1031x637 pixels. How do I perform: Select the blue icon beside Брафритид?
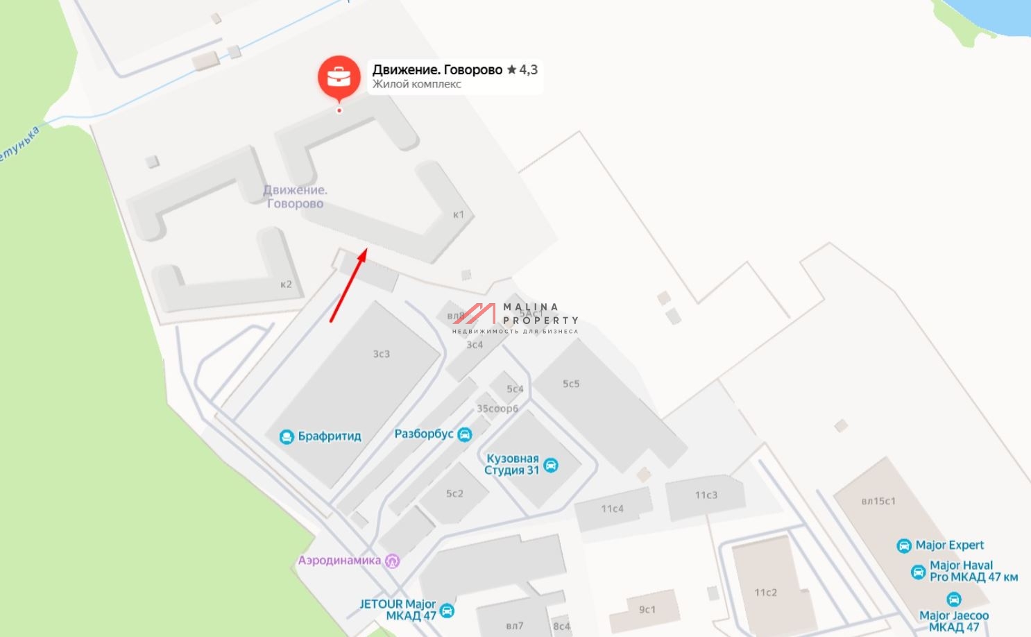287,436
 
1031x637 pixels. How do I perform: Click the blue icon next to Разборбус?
465,434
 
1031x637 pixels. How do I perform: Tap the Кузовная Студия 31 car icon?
551,465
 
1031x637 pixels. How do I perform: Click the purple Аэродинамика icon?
393,561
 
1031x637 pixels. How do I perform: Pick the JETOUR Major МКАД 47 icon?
448,611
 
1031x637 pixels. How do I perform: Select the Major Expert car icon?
904,545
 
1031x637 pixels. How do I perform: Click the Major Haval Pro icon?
918,572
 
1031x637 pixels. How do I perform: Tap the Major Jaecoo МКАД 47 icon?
954,600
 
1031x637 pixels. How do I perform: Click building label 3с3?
382,354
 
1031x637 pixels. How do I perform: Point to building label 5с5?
571,384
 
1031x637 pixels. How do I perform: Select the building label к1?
459,214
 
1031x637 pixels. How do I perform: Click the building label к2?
286,284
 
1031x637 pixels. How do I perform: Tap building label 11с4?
612,509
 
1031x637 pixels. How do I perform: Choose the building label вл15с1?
878,501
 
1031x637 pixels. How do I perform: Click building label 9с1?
647,609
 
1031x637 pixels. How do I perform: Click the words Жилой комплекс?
416,84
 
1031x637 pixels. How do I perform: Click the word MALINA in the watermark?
531,307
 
